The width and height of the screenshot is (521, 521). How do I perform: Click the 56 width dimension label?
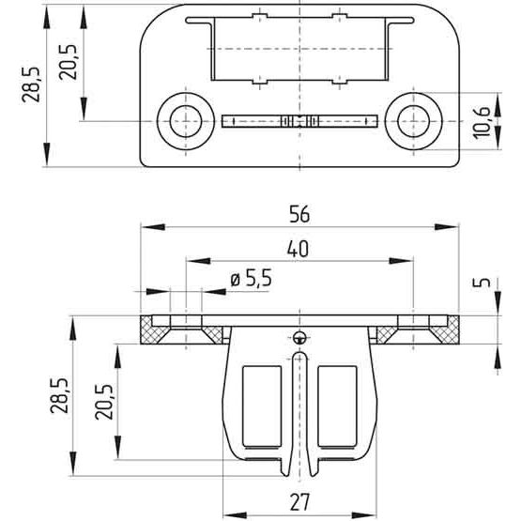(299, 214)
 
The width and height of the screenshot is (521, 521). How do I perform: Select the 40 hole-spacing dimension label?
(298, 249)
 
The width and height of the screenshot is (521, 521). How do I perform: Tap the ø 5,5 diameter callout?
(252, 278)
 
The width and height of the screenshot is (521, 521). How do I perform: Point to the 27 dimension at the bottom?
(299, 502)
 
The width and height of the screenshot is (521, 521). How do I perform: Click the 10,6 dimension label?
(482, 122)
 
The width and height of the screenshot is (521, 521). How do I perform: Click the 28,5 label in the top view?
(31, 84)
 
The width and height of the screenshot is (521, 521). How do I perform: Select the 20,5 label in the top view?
(68, 62)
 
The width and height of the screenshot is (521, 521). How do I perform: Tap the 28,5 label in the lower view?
(59, 395)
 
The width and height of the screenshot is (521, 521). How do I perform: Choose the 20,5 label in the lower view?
(104, 402)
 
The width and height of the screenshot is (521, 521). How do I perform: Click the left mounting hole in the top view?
(186, 121)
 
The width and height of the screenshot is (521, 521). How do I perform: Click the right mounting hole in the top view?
(413, 121)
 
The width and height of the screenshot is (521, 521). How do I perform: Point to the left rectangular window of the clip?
(262, 406)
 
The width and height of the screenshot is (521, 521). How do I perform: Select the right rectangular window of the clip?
(337, 406)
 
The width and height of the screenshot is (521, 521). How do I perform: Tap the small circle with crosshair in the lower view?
(299, 337)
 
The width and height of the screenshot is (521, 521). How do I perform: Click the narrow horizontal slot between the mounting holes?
(299, 121)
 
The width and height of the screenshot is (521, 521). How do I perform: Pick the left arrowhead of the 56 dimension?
(153, 227)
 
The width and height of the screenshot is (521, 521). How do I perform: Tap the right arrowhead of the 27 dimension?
(364, 515)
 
